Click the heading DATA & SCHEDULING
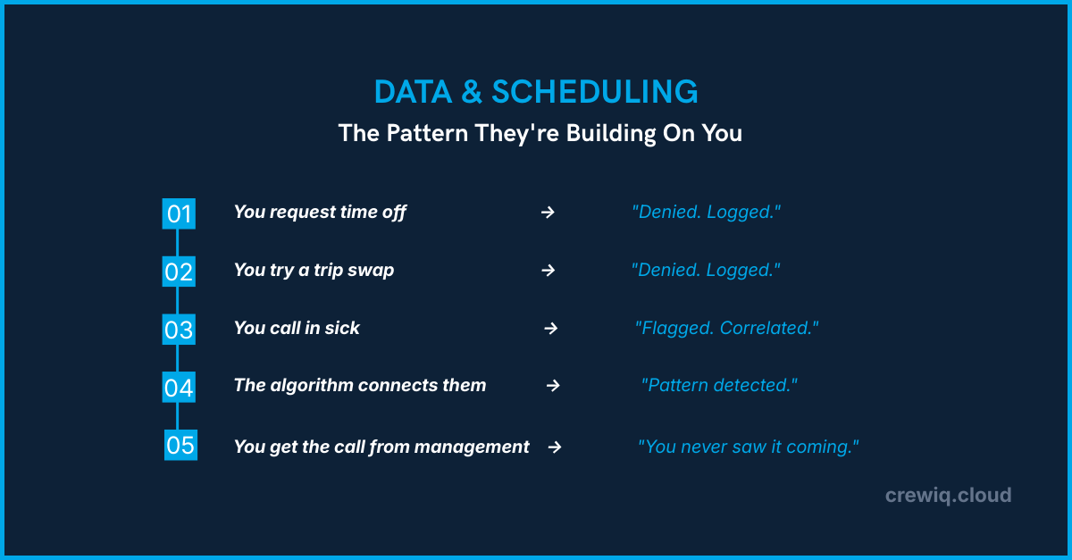pyautogui.click(x=536, y=92)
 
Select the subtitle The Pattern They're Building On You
pyautogui.click(x=540, y=134)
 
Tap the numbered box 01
pyautogui.click(x=179, y=213)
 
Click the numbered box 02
pyautogui.click(x=179, y=272)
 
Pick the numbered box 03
pyautogui.click(x=179, y=330)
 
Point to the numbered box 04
pyautogui.click(x=179, y=388)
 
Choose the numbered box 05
pyautogui.click(x=180, y=445)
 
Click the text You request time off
pyautogui.click(x=320, y=213)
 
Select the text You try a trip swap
pyautogui.click(x=314, y=270)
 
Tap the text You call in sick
pyautogui.click(x=297, y=328)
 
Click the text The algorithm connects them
pyautogui.click(x=360, y=385)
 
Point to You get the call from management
pyautogui.click(x=381, y=447)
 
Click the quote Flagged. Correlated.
pyautogui.click(x=726, y=328)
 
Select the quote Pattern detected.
pyautogui.click(x=719, y=386)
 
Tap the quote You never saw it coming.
pyautogui.click(x=748, y=447)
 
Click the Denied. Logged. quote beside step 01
pyautogui.click(x=706, y=213)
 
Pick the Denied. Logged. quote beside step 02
pyautogui.click(x=706, y=270)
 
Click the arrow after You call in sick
pyautogui.click(x=551, y=328)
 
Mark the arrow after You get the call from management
pyautogui.click(x=555, y=447)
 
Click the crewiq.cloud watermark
pyautogui.click(x=948, y=495)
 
